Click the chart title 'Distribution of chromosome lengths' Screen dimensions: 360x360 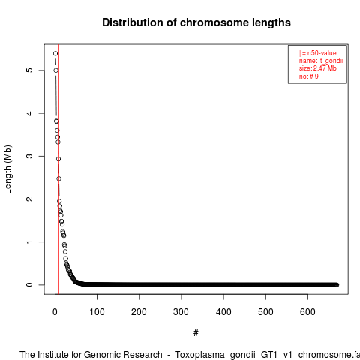(x=196, y=22)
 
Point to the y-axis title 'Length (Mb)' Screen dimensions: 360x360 (x=7, y=169)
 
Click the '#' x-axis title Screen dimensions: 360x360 (x=196, y=332)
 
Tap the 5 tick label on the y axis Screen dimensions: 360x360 (x=29, y=70)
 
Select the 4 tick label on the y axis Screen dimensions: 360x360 (x=29, y=113)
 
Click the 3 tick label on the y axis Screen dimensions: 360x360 (x=29, y=156)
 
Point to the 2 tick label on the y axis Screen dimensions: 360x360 (x=29, y=199)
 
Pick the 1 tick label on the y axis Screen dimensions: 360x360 (x=29, y=241)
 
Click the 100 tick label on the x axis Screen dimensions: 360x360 (x=97, y=312)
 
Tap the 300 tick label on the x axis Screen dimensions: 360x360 (x=181, y=312)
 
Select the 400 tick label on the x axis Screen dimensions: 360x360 (x=223, y=312)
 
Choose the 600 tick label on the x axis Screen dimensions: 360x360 (x=307, y=312)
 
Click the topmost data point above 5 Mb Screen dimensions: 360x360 (x=55, y=53)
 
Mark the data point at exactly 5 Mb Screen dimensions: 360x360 (x=56, y=70)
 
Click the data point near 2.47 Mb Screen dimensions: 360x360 (x=59, y=178)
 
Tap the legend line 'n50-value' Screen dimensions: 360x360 (x=318, y=53)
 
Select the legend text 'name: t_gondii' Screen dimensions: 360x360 (x=321, y=61)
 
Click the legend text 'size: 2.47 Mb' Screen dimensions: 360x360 (x=318, y=68)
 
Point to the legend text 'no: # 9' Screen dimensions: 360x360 (x=309, y=76)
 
